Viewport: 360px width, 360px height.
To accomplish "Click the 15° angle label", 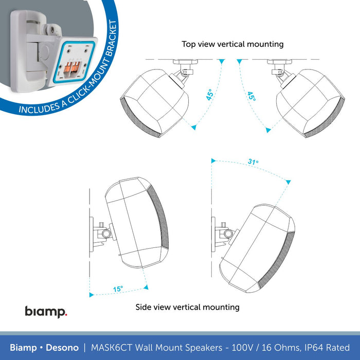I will [x=118, y=290].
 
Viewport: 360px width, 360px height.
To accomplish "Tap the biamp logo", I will [x=46, y=312].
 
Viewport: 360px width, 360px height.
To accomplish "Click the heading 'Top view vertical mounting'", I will [x=232, y=44].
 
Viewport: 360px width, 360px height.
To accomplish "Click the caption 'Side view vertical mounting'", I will [x=187, y=307].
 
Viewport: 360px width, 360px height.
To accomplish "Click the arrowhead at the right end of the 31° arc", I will [x=289, y=181].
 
